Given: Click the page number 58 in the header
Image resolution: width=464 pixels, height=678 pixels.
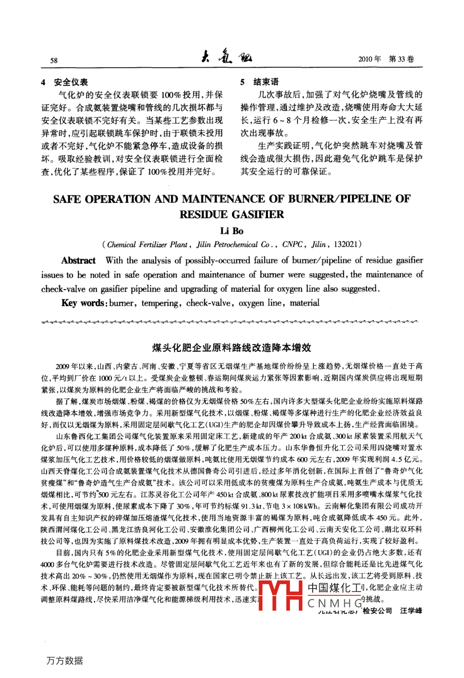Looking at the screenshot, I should [x=54, y=60].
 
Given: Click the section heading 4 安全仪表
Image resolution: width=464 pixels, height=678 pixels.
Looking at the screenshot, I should [x=64, y=82].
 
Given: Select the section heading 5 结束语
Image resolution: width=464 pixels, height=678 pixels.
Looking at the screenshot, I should [x=260, y=82].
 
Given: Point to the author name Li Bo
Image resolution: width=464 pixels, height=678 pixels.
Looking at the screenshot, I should [x=231, y=231].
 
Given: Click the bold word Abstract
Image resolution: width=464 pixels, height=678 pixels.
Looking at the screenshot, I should [x=79, y=260].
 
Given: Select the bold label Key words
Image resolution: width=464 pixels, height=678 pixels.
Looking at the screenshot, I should [x=83, y=303].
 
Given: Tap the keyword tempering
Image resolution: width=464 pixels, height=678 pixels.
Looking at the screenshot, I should [x=160, y=303].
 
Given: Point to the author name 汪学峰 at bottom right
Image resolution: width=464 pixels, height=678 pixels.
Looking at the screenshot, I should [x=411, y=611].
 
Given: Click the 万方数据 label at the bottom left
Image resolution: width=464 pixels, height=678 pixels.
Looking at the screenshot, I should [x=64, y=661].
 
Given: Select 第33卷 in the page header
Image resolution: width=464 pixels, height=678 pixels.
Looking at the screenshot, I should [x=401, y=59].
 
